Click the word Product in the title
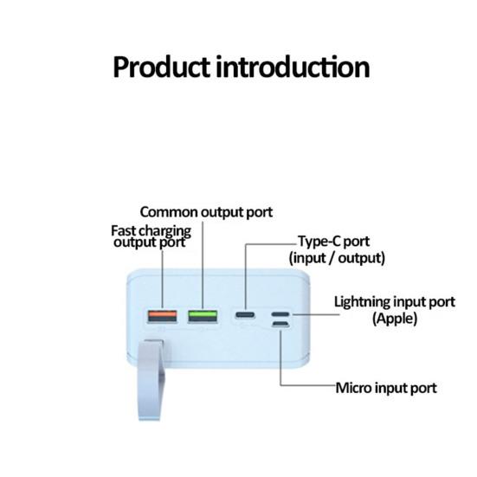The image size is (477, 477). tap(162, 67)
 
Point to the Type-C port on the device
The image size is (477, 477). tap(245, 315)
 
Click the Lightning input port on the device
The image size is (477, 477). tap(280, 315)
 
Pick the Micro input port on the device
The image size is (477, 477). tap(280, 326)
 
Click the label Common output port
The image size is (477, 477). tap(206, 211)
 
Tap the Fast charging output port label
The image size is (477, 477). tap(151, 236)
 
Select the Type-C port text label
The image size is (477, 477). tap(336, 242)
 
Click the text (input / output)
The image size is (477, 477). tap(336, 258)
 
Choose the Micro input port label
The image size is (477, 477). tap(386, 387)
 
